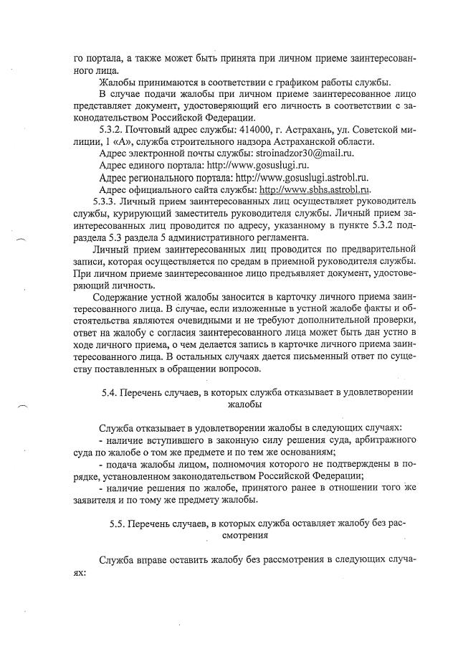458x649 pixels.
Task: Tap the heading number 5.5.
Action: click(118, 523)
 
